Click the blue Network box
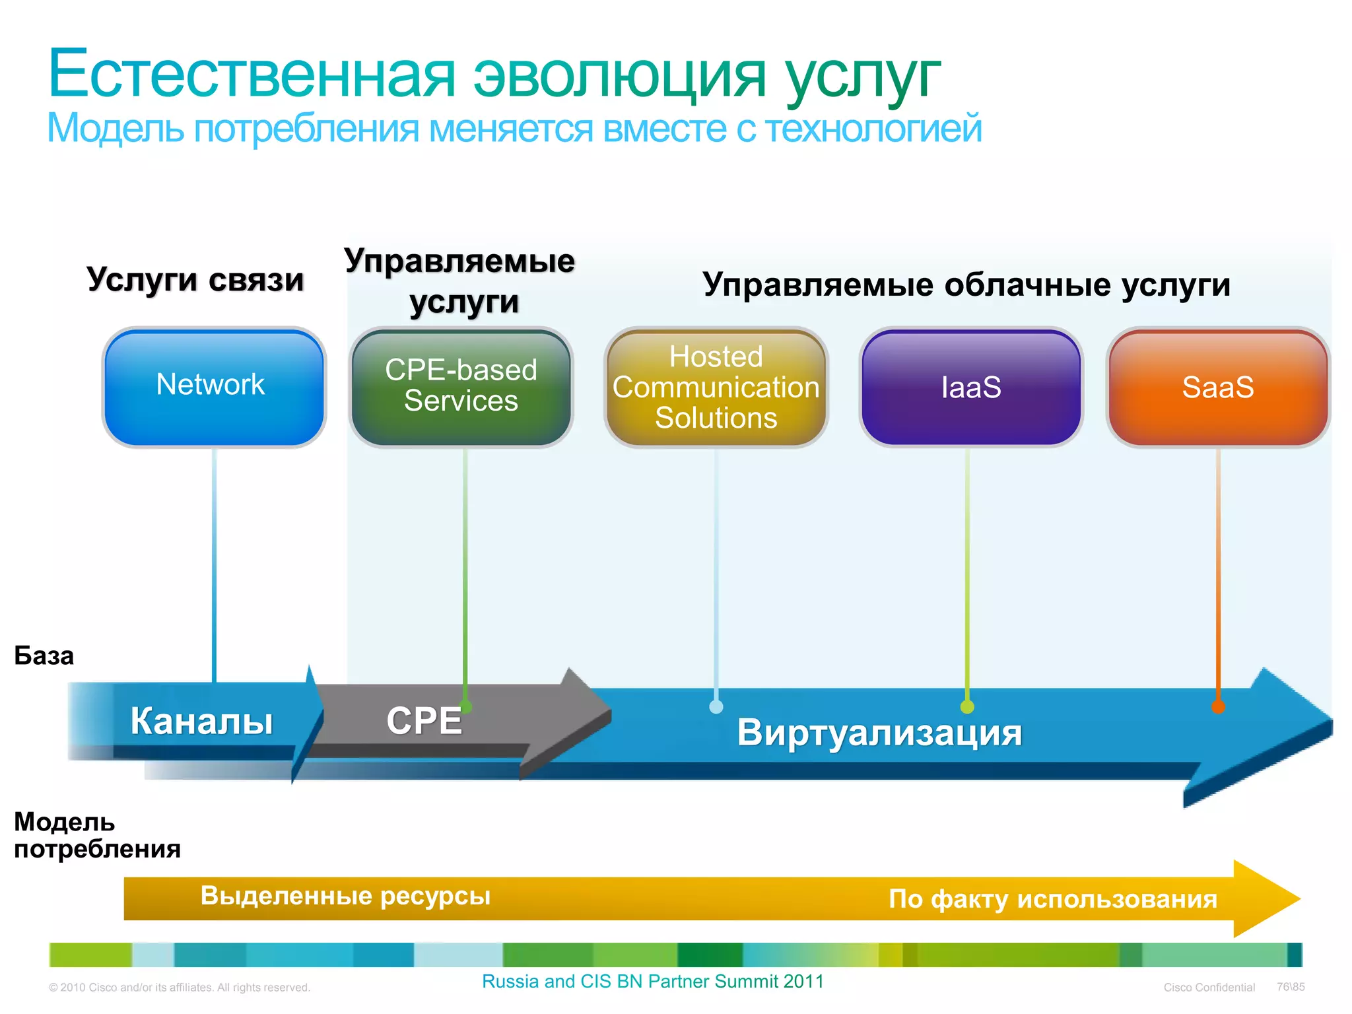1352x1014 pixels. point(214,387)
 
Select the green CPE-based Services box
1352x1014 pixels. point(461,387)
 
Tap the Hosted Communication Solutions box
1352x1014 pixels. point(716,387)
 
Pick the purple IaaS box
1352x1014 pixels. point(970,387)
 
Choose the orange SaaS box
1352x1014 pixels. point(1218,387)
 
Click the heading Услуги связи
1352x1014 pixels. point(195,280)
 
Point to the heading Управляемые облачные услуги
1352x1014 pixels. point(966,285)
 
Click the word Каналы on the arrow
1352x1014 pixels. point(201,721)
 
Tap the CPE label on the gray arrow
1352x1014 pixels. point(424,721)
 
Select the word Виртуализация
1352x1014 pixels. point(879,733)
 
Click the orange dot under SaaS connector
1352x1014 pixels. point(1218,707)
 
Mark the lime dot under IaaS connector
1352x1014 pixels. point(967,707)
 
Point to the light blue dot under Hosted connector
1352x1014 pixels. point(716,707)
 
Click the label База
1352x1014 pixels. point(44,656)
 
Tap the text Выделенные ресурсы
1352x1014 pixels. point(345,896)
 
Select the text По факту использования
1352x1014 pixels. point(1053,899)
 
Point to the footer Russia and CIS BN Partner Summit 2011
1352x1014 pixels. point(653,982)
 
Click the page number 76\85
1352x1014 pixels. point(1291,987)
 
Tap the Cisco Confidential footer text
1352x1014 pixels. point(1209,988)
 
